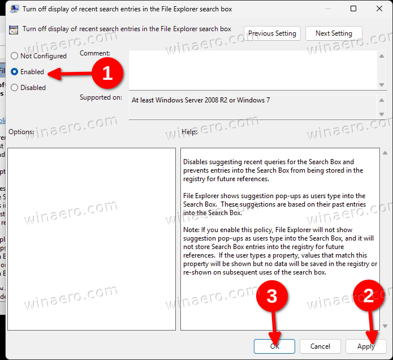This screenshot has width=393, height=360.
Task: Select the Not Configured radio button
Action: pyautogui.click(x=15, y=56)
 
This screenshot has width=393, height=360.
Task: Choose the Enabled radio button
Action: pyautogui.click(x=15, y=72)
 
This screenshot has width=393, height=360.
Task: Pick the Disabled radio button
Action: pyautogui.click(x=15, y=88)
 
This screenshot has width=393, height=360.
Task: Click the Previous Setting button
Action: pyautogui.click(x=272, y=33)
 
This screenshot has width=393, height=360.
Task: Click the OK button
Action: pyautogui.click(x=274, y=346)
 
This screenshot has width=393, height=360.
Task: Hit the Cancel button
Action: pyautogui.click(x=320, y=346)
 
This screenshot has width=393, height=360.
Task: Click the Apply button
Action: pyautogui.click(x=366, y=346)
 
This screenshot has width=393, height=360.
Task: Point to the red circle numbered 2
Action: pyautogui.click(x=369, y=295)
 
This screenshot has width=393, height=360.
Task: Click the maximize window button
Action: pyautogui.click(x=353, y=9)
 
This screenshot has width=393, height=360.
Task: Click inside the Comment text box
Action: pyautogui.click(x=252, y=69)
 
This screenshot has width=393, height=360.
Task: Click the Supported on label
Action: pyautogui.click(x=101, y=97)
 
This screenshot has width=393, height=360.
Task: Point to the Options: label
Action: pyautogui.click(x=21, y=132)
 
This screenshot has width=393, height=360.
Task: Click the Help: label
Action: pyautogui.click(x=189, y=132)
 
